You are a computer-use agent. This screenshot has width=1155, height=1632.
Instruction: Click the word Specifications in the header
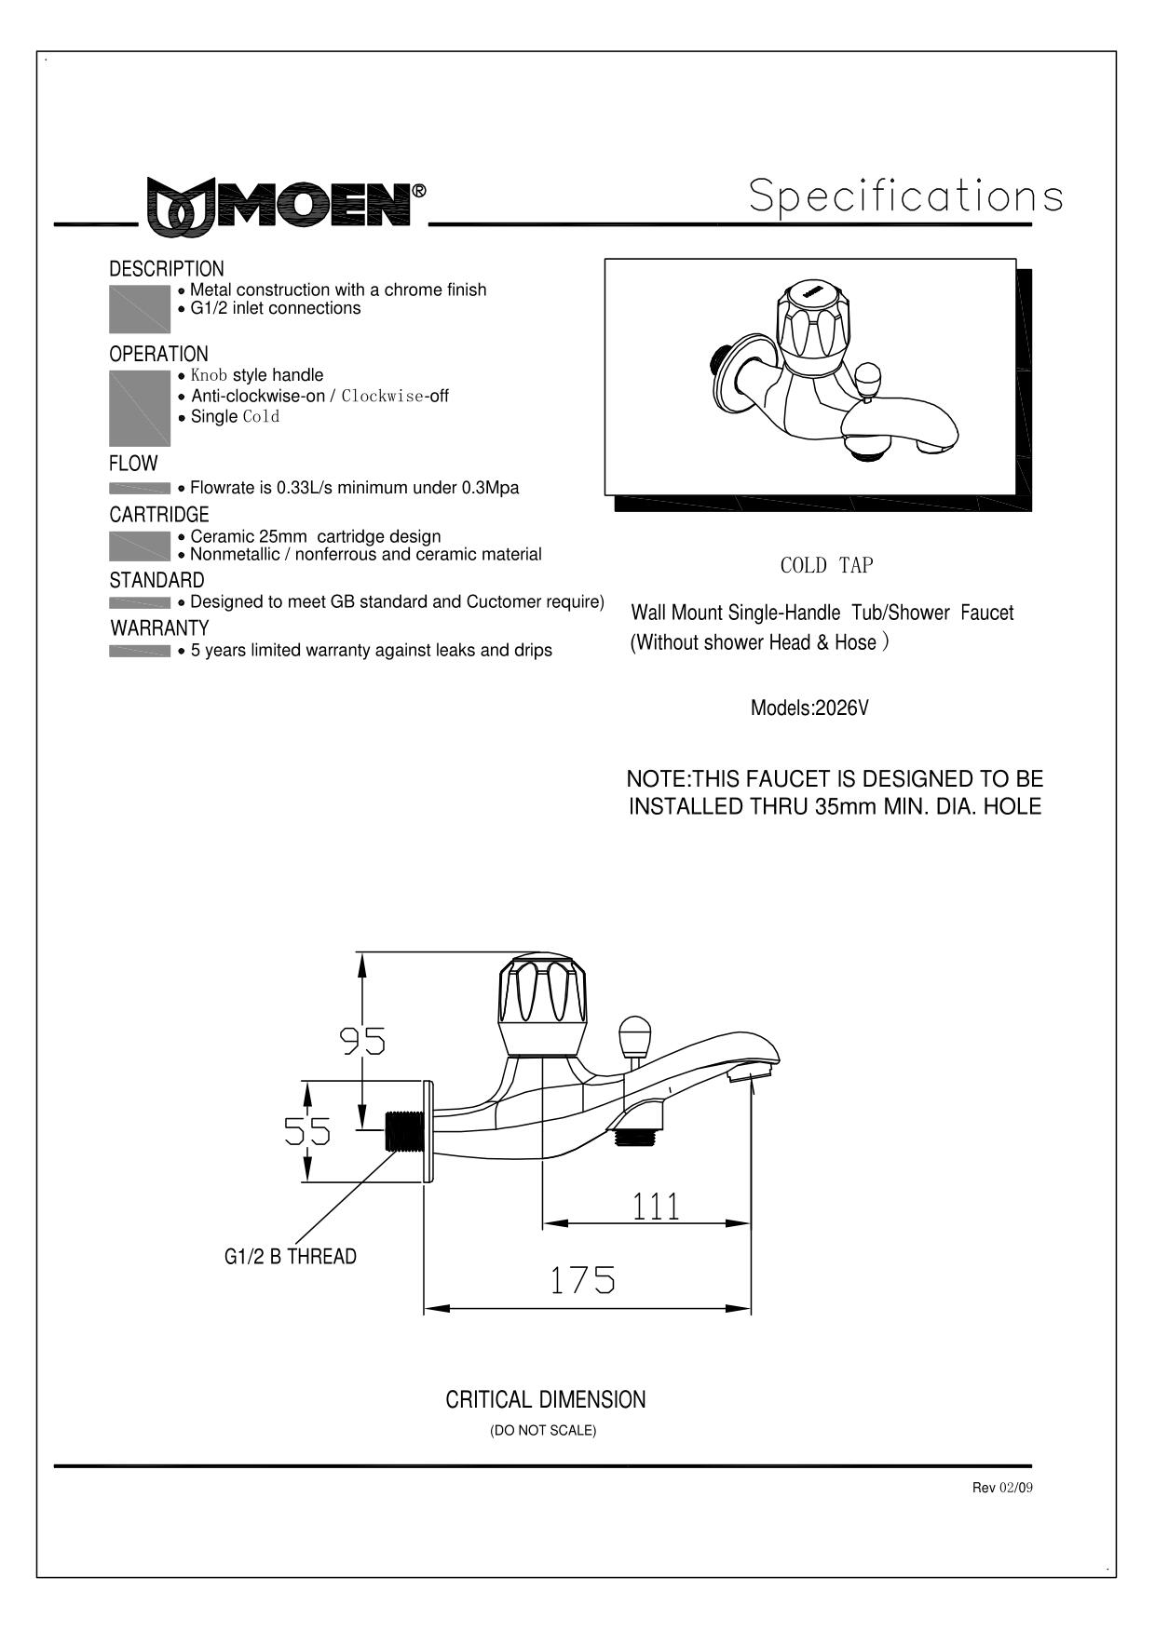(x=905, y=196)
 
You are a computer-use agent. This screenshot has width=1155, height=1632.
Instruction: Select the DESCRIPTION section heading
(x=167, y=269)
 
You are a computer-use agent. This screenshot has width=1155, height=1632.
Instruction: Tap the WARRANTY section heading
(x=159, y=627)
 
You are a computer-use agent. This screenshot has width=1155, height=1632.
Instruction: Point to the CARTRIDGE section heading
(x=159, y=514)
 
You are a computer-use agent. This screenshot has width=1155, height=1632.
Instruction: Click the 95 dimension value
(x=362, y=1040)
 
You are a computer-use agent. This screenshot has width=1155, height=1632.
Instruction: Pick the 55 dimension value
(x=307, y=1131)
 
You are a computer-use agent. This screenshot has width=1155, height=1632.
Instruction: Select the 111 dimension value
(x=657, y=1206)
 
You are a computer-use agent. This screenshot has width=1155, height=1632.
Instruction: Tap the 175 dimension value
(x=582, y=1280)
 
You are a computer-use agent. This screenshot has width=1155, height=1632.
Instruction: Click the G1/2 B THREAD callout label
(x=291, y=1257)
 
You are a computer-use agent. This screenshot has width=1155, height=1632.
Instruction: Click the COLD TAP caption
(x=827, y=565)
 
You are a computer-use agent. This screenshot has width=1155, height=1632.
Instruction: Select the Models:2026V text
(x=809, y=708)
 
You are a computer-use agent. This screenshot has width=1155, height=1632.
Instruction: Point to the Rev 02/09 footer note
(x=1002, y=1488)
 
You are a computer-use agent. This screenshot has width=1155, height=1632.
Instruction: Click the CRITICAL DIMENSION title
(x=546, y=1399)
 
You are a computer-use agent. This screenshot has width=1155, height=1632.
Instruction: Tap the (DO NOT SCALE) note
(x=543, y=1430)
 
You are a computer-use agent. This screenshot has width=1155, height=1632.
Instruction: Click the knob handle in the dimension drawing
(x=543, y=1004)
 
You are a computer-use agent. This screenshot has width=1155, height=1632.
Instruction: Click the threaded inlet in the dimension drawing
(x=405, y=1130)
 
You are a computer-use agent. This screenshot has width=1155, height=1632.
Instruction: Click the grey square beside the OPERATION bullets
(x=140, y=409)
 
